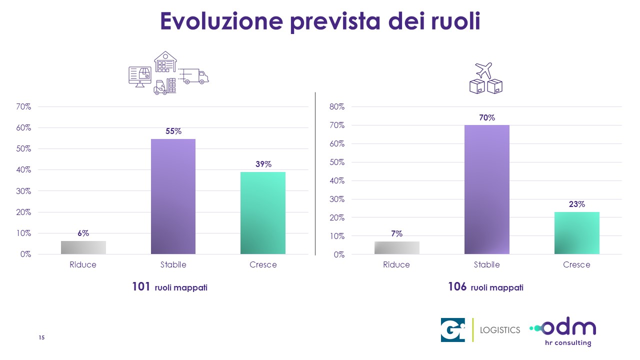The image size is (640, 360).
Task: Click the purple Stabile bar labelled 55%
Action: pyautogui.click(x=173, y=196)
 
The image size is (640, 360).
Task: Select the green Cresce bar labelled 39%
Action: pyautogui.click(x=263, y=213)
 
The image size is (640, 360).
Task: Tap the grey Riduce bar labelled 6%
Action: pyautogui.click(x=83, y=247)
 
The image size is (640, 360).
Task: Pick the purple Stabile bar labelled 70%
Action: pyautogui.click(x=486, y=189)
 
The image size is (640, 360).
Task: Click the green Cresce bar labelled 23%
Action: pyautogui.click(x=576, y=233)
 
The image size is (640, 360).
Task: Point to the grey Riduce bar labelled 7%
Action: pyautogui.click(x=397, y=248)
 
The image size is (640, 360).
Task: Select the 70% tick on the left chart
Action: pyautogui.click(x=24, y=107)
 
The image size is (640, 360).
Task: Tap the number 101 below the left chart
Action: pyautogui.click(x=141, y=287)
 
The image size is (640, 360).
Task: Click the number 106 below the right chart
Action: pyautogui.click(x=457, y=287)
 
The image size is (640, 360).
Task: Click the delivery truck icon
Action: pyautogui.click(x=195, y=76)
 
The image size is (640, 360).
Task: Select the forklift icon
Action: pyautogui.click(x=161, y=87)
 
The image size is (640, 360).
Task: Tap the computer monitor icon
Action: pyautogui.click(x=140, y=76)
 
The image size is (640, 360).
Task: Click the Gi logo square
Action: pyautogui.click(x=453, y=330)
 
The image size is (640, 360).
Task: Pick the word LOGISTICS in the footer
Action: pyautogui.click(x=500, y=330)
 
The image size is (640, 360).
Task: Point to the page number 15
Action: pyautogui.click(x=42, y=338)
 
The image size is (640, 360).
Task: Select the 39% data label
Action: pyautogui.click(x=263, y=164)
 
